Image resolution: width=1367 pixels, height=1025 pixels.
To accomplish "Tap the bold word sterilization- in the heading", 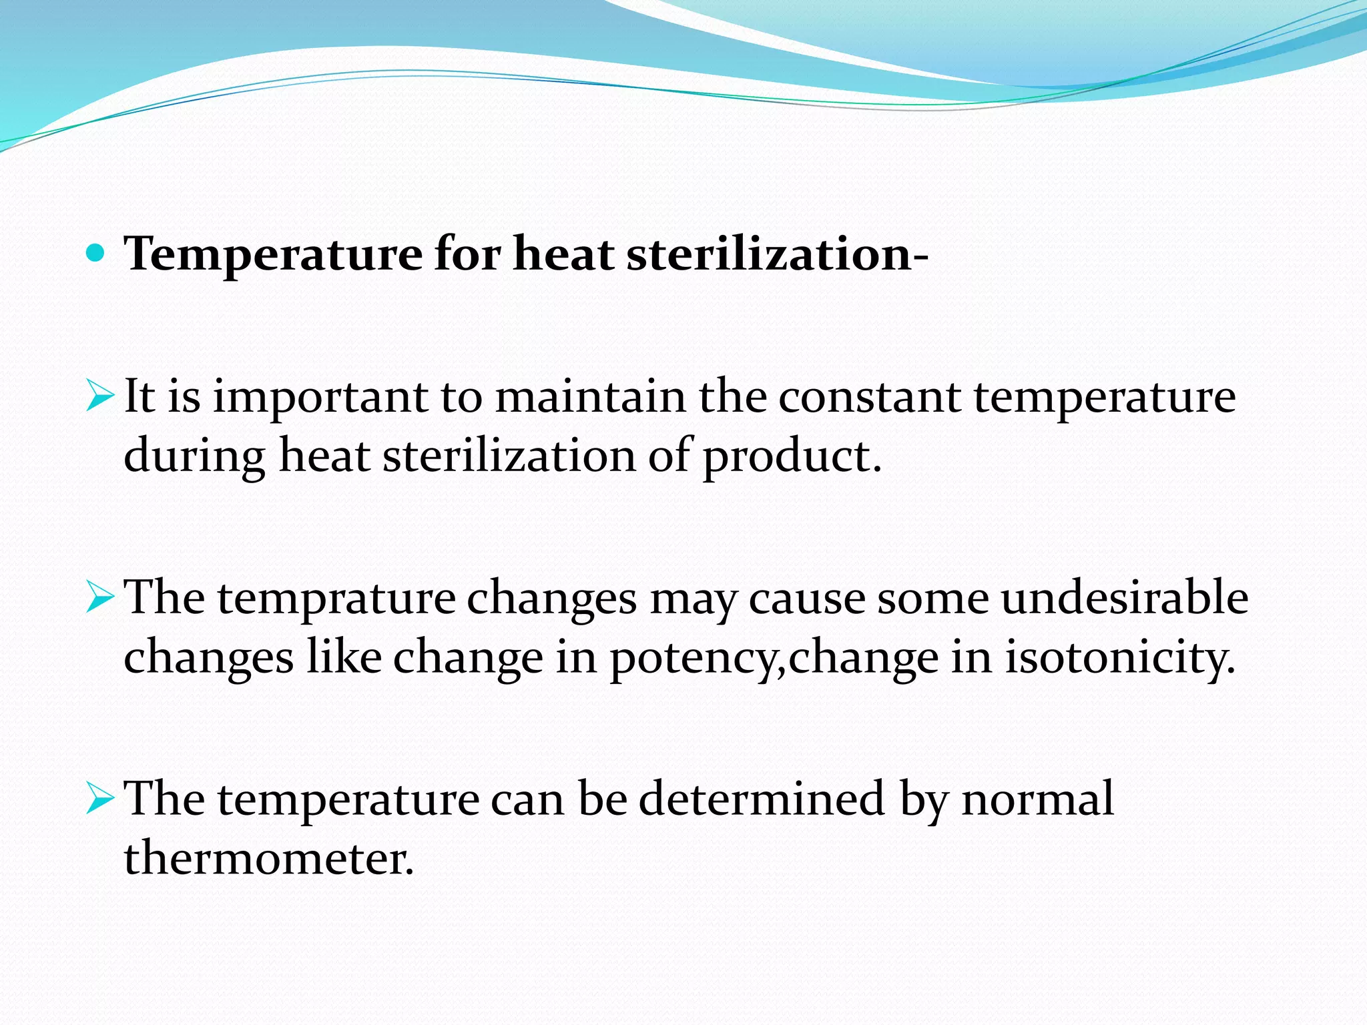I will click(x=777, y=255).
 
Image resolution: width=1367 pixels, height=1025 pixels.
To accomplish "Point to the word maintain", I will click(x=590, y=397).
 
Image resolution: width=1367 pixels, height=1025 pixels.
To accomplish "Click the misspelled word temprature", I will click(x=336, y=599).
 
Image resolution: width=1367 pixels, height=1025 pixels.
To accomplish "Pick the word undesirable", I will click(x=1124, y=597).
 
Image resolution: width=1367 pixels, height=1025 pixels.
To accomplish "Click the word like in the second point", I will click(x=344, y=657).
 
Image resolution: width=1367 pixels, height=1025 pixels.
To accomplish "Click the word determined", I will click(x=762, y=799).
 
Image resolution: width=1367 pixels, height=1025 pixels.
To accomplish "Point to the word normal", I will click(x=1037, y=799).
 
